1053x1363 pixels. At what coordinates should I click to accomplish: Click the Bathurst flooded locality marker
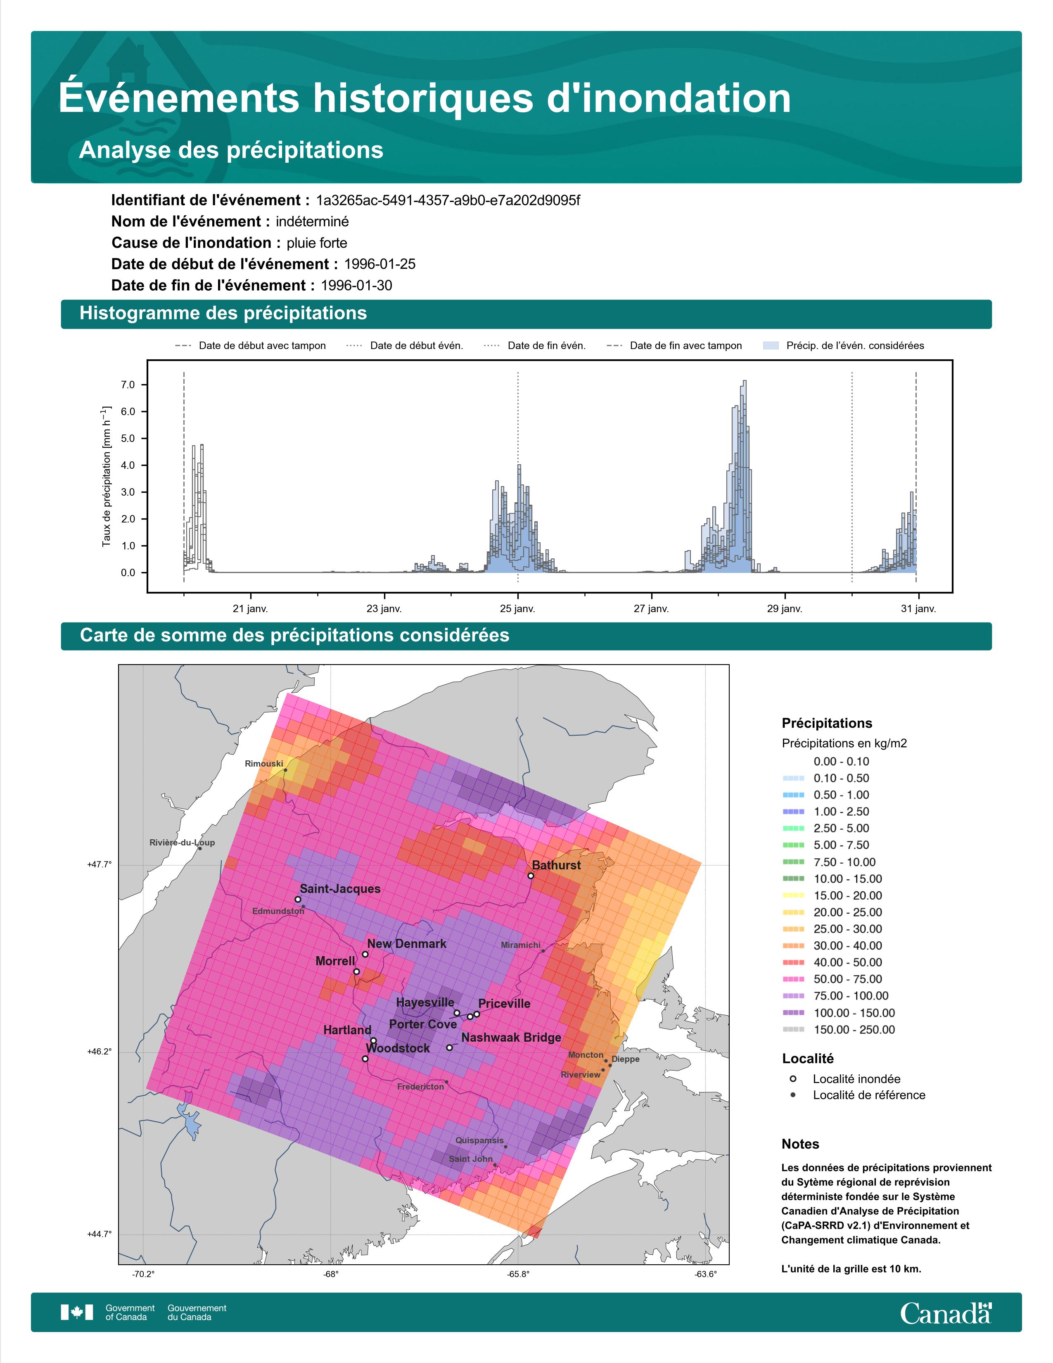531,876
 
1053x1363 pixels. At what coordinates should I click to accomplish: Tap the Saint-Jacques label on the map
340,889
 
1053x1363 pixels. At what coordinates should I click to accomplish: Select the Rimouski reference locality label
264,763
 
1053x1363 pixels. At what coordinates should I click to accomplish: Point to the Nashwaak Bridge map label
511,1037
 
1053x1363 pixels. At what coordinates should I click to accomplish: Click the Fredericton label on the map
420,1087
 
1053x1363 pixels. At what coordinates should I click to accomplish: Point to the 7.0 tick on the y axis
128,385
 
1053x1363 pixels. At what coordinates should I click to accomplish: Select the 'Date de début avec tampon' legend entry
251,346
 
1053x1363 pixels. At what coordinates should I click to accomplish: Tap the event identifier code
448,200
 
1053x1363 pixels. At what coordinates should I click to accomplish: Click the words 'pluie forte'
317,243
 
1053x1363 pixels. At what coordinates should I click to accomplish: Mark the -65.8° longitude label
518,1274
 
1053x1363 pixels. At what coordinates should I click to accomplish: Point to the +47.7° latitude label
99,864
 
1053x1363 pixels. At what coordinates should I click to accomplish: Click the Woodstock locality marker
365,1059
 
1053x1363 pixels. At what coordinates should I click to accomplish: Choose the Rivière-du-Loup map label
182,843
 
